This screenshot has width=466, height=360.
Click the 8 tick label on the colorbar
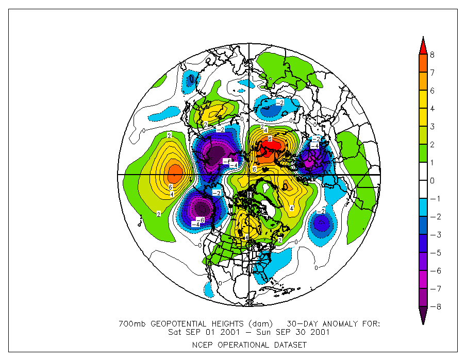click(x=432, y=55)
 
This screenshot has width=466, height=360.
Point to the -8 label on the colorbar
click(x=434, y=307)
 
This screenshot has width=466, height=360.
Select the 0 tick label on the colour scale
click(x=432, y=181)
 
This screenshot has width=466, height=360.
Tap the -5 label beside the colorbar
click(x=434, y=253)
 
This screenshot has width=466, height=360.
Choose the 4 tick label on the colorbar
click(x=432, y=109)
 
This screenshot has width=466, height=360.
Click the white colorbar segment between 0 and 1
click(x=423, y=172)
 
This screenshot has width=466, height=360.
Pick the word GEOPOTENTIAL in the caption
click(x=175, y=324)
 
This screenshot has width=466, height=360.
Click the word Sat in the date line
click(x=175, y=332)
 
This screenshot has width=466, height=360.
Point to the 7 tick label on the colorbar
click(x=432, y=73)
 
